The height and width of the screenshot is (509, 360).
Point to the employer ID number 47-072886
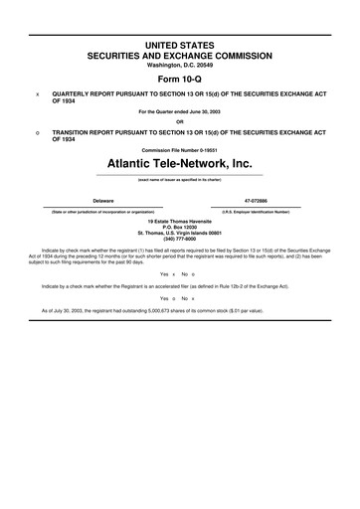[256, 200]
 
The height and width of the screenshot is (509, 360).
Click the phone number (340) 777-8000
[180, 238]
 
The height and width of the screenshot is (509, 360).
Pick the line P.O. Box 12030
[180, 226]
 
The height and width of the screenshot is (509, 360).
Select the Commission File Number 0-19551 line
[180, 150]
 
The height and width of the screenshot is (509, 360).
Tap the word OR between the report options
[180, 122]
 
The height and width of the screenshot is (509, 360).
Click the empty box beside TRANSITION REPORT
[38, 130]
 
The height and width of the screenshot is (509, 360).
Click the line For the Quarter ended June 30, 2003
[180, 111]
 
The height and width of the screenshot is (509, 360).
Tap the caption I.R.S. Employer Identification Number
[256, 211]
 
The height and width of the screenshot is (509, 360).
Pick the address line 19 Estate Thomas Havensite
[180, 220]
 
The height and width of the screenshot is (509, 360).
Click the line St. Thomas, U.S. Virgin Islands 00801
[180, 232]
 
